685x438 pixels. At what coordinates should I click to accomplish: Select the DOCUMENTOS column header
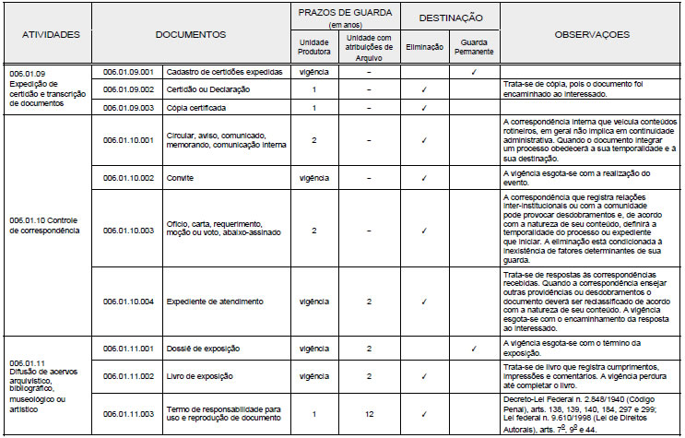[190, 34]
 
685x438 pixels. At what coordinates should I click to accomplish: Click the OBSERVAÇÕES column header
[592, 34]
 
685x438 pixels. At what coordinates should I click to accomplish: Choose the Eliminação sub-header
[423, 43]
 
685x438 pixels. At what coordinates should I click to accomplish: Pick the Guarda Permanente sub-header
[474, 43]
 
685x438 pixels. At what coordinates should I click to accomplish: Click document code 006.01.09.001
[129, 71]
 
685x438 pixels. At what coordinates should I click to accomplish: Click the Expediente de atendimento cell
[214, 301]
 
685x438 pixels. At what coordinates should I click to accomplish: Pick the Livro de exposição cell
[200, 376]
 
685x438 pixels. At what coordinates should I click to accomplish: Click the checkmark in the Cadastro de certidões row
[473, 71]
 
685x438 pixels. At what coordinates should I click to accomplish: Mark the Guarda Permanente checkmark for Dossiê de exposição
[473, 349]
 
